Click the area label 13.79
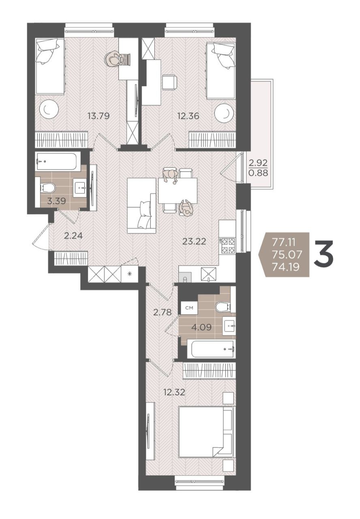coord(99,116)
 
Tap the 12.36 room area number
coord(188,116)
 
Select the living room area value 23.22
coord(194,241)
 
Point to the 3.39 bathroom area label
coord(56,201)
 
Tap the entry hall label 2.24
coord(73,236)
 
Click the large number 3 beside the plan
coord(324,254)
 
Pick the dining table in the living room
coord(178,191)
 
